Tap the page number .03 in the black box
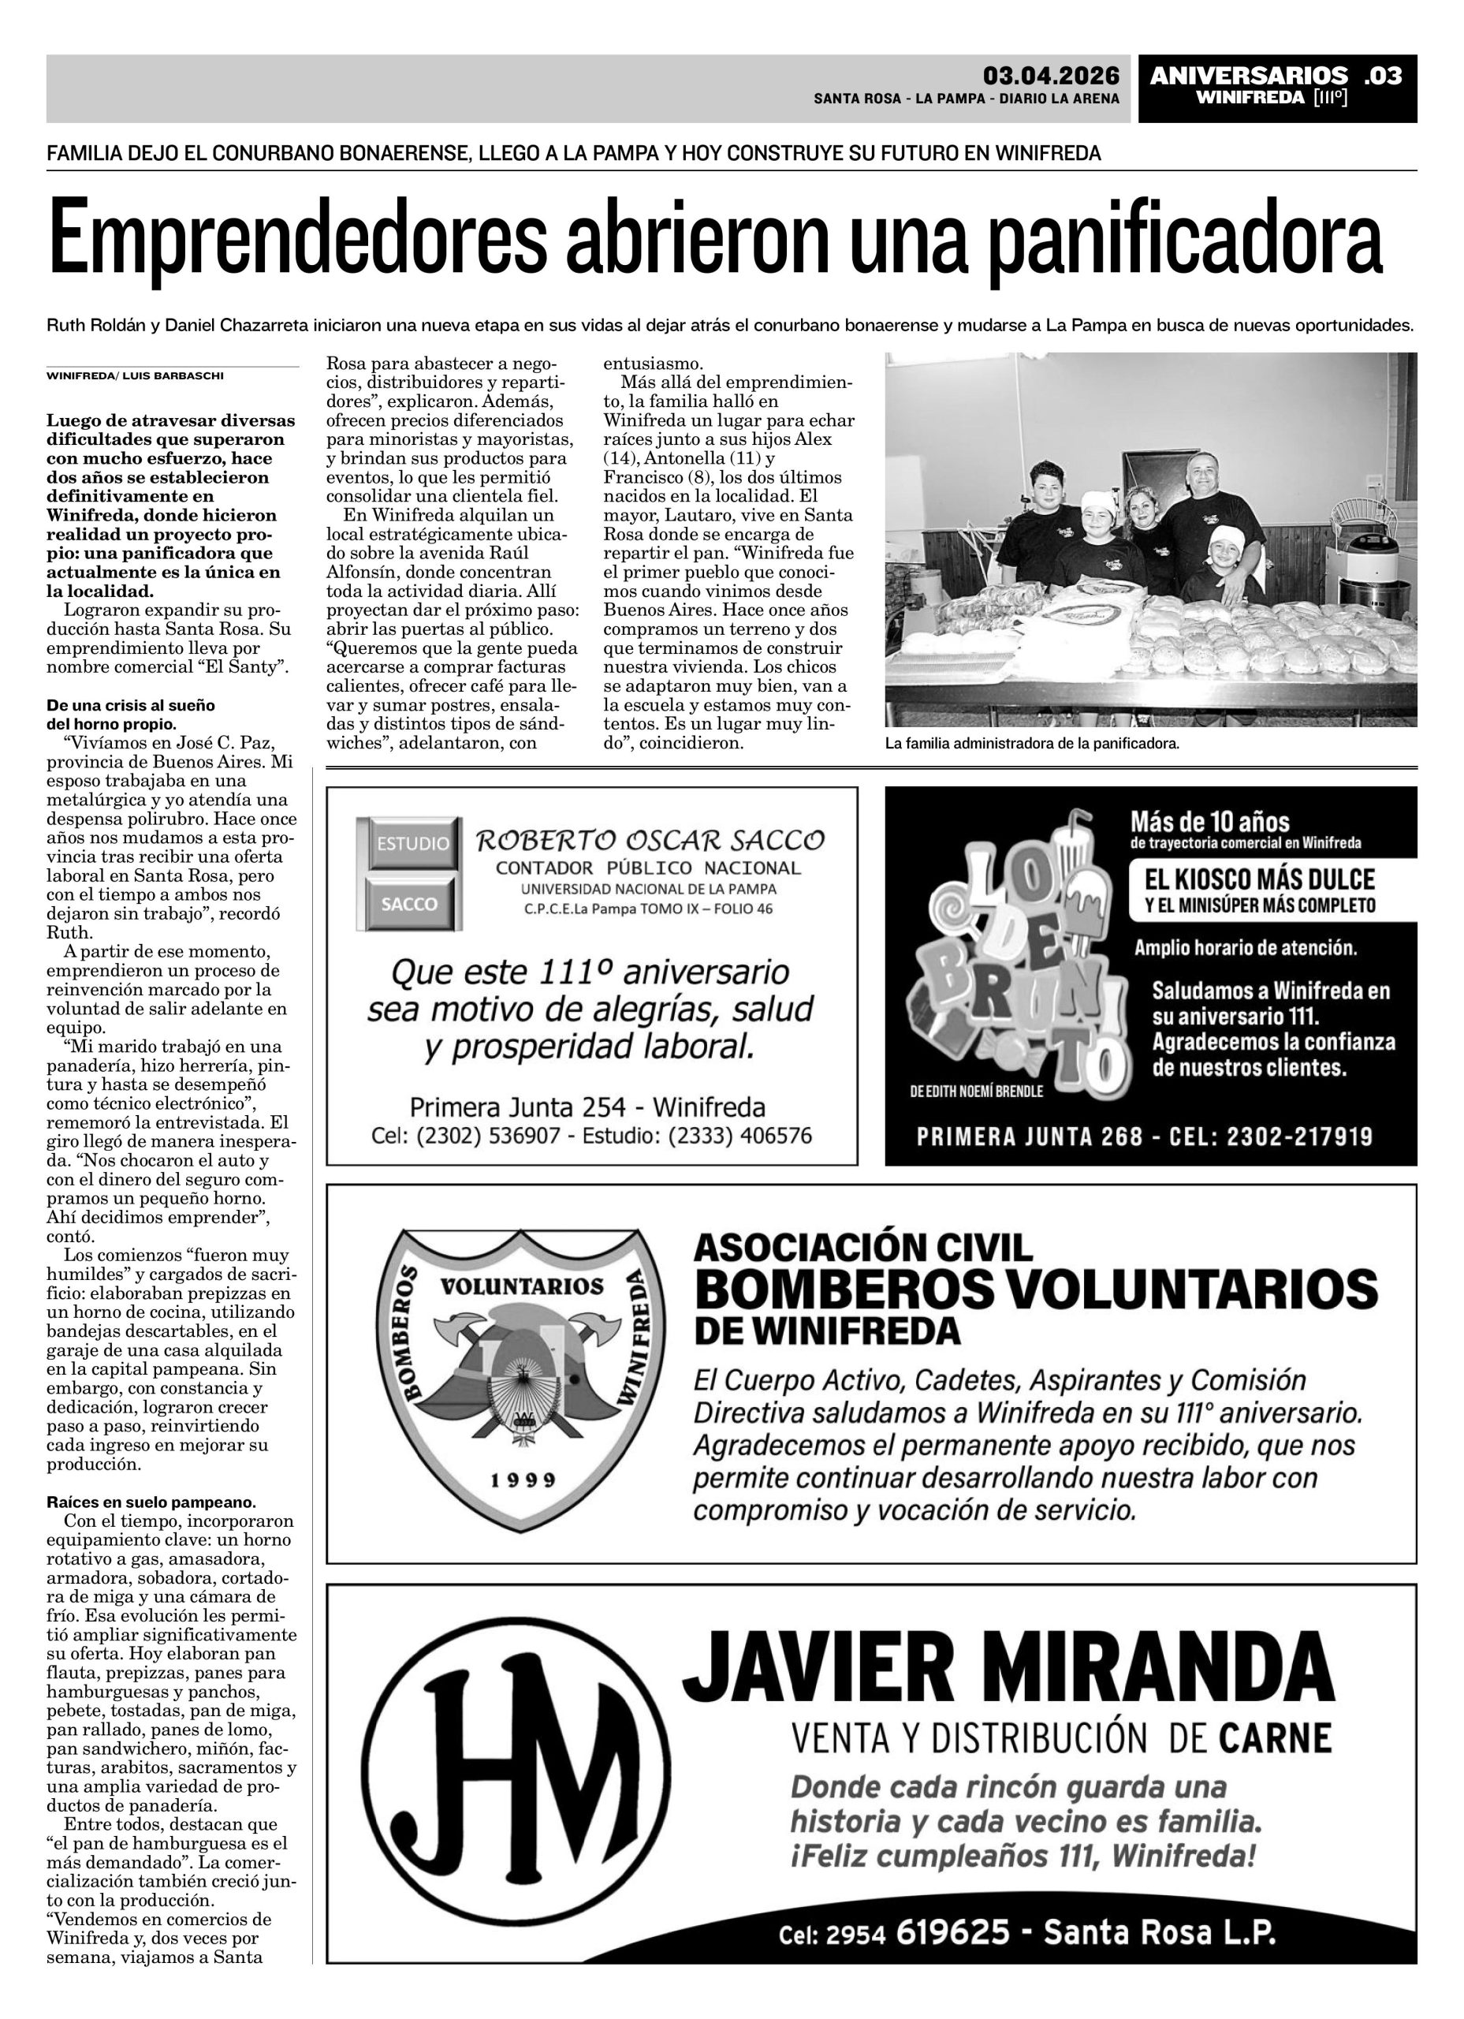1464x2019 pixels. coord(1381,76)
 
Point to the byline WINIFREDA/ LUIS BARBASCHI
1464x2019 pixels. coord(136,375)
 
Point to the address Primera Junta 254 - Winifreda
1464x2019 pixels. coord(587,1107)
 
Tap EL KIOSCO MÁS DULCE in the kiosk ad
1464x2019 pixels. coord(1259,880)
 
